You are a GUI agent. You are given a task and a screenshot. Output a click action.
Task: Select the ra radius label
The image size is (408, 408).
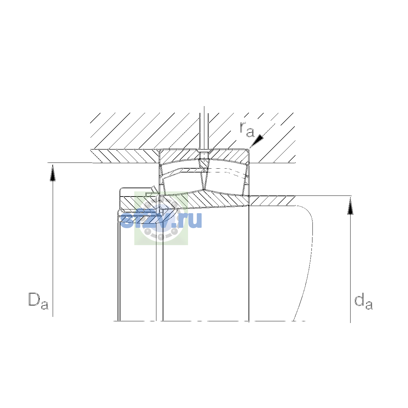247,129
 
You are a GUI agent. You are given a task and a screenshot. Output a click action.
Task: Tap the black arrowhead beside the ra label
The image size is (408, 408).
257,140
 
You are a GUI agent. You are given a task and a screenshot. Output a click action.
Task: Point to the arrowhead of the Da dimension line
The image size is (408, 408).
53,173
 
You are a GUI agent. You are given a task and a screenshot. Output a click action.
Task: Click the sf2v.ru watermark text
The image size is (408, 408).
161,220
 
